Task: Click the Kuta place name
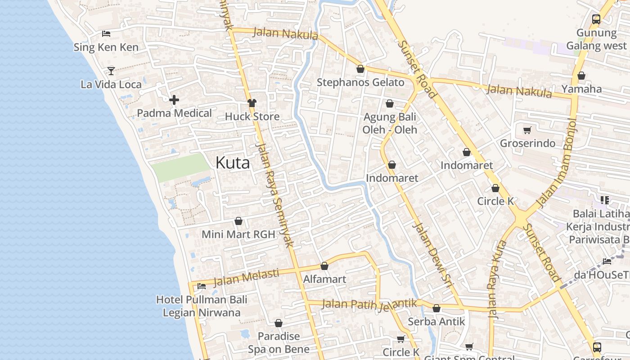(232, 162)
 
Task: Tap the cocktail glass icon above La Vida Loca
(111, 71)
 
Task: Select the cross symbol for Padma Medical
(174, 100)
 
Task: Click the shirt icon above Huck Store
(252, 103)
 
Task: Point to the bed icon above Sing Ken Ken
(106, 34)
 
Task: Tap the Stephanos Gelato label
(360, 82)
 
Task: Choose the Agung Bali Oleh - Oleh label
(390, 123)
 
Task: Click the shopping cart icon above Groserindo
(527, 130)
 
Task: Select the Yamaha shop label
(581, 89)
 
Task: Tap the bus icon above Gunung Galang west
(596, 19)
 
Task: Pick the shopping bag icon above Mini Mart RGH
(238, 221)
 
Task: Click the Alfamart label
(324, 279)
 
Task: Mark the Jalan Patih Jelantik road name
(370, 305)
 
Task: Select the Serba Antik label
(436, 322)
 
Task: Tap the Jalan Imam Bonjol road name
(557, 163)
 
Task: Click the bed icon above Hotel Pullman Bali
(202, 286)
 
